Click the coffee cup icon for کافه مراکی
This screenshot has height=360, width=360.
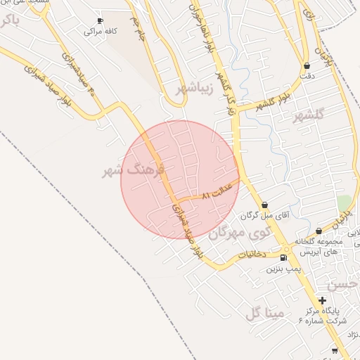tap(99, 21)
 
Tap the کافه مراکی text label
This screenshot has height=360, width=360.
tap(99, 32)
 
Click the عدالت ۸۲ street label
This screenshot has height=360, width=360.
tap(217, 193)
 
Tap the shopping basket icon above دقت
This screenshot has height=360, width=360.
tap(307, 65)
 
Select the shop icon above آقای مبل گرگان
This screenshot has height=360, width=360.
tap(265, 205)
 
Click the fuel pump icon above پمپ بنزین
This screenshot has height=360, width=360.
tap(283, 257)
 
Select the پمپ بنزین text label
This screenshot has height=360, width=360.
tap(283, 269)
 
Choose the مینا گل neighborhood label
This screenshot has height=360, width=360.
tap(264, 313)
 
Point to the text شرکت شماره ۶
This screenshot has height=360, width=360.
tap(323, 320)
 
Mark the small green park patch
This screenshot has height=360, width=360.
tap(343, 202)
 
